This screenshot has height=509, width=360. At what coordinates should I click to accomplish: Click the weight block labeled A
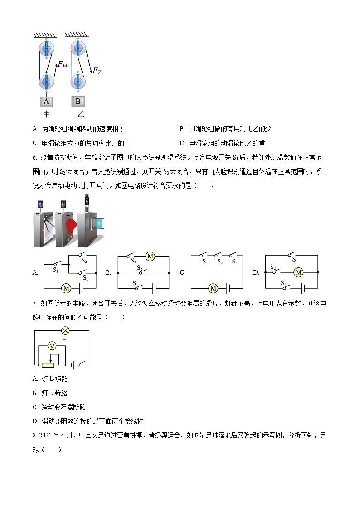46,101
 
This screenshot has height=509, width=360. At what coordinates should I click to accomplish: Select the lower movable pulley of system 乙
79,82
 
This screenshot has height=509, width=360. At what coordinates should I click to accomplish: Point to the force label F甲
63,65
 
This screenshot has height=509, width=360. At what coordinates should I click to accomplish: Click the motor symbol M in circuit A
66,288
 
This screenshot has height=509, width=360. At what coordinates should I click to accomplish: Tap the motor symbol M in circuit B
150,257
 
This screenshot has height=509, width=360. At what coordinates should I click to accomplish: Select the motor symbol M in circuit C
213,288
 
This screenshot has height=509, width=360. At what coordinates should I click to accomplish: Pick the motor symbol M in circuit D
298,272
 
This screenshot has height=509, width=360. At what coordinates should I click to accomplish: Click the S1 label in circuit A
55,271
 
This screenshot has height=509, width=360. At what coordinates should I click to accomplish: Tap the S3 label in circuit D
295,260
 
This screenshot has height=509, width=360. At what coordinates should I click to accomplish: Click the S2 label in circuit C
219,262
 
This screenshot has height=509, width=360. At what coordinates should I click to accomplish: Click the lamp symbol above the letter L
65,330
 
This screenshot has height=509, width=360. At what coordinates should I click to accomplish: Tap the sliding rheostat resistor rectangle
47,365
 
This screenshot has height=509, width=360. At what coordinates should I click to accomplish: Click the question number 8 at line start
34,436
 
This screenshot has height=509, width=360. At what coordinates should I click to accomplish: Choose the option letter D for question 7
35,421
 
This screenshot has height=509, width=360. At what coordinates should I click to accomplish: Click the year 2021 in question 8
47,436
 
